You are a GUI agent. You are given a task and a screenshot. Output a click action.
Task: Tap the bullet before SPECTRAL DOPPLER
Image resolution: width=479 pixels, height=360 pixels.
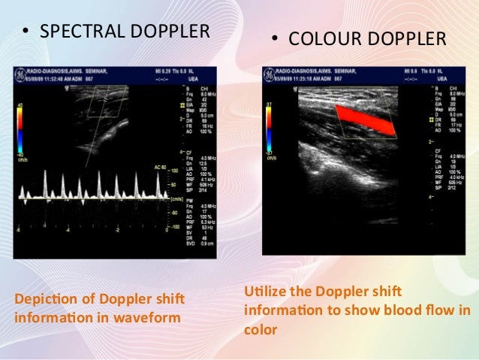tap(25, 32)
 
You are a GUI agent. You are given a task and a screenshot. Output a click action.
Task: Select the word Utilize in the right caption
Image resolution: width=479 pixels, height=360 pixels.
tap(263, 291)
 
